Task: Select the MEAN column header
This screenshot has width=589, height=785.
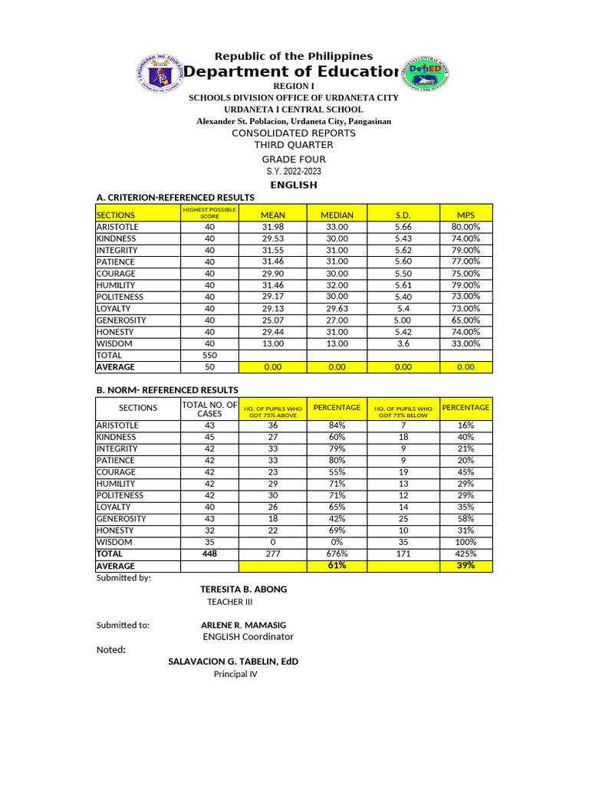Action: [x=273, y=215]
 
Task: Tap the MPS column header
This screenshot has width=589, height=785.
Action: [x=466, y=215]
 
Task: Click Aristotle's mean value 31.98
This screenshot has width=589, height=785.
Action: [x=273, y=227]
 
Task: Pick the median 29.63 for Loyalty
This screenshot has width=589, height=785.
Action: [x=337, y=308]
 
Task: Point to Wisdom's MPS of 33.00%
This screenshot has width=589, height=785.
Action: [x=466, y=343]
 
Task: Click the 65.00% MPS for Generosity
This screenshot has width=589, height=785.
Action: [x=466, y=320]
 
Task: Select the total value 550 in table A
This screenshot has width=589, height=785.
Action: [x=209, y=356]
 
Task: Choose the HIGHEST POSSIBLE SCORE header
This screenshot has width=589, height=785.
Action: [x=209, y=212]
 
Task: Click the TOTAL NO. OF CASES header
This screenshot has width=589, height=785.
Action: [x=209, y=409]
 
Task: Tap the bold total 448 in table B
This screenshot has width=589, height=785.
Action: [x=209, y=553]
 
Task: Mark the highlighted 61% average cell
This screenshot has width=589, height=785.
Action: [x=337, y=566]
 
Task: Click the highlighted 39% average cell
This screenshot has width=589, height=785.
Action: [x=466, y=566]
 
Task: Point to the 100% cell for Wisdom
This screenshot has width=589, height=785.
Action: [x=466, y=542]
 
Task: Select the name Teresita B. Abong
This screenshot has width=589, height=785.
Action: [x=243, y=589]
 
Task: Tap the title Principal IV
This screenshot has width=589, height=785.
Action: [x=235, y=674]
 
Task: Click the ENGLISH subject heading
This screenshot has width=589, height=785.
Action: [x=294, y=186]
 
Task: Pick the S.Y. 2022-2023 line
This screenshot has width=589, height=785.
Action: [x=294, y=172]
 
